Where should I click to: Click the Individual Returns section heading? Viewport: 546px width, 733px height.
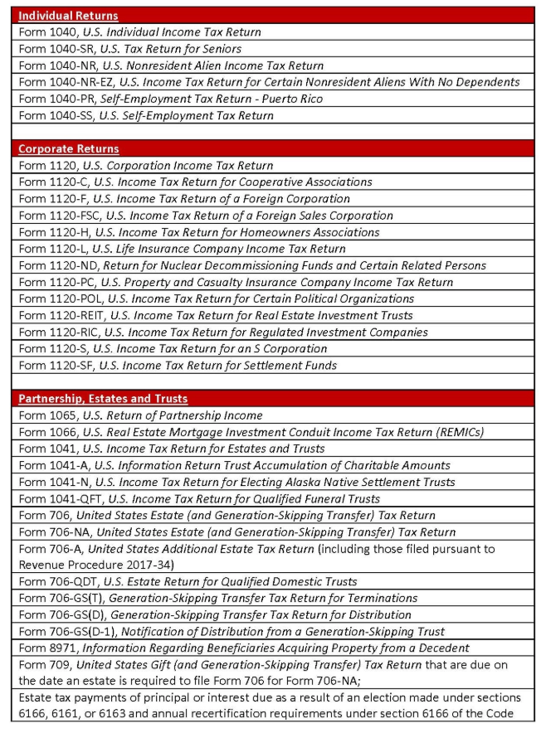[68, 16]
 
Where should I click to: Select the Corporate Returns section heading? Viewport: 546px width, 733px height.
[69, 149]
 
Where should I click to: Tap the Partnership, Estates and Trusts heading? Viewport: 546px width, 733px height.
[103, 399]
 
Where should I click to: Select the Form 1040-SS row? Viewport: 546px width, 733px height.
[146, 115]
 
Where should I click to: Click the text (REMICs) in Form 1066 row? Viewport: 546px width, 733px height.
[456, 432]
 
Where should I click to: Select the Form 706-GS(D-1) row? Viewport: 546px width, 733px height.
[232, 631]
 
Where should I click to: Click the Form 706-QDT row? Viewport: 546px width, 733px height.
[188, 581]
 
